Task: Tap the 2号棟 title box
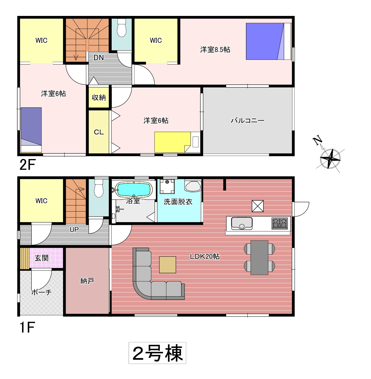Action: point(157,353)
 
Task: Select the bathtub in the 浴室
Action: point(134,189)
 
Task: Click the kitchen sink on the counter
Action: point(242,223)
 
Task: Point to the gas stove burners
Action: point(280,223)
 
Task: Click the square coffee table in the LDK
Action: point(167,265)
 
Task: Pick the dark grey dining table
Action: point(259,257)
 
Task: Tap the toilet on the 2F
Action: point(122,28)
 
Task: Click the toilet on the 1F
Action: point(99,188)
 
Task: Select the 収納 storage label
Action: point(99,97)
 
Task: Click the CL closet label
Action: point(99,132)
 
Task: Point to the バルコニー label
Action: point(247,120)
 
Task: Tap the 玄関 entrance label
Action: point(42,258)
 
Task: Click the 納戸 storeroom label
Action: point(87,281)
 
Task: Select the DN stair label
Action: point(99,58)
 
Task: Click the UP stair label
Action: point(74,229)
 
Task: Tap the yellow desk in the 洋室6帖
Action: point(172,142)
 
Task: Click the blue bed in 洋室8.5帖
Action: point(265,41)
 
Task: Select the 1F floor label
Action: point(27,327)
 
